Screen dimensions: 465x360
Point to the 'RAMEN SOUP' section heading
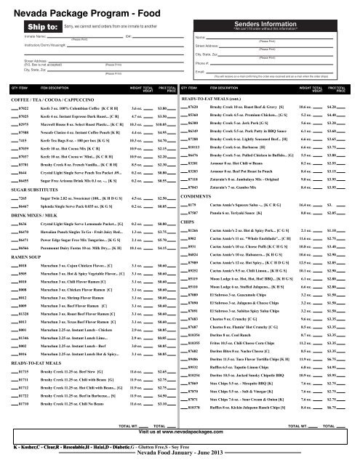pyautogui.click(x=23, y=237)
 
